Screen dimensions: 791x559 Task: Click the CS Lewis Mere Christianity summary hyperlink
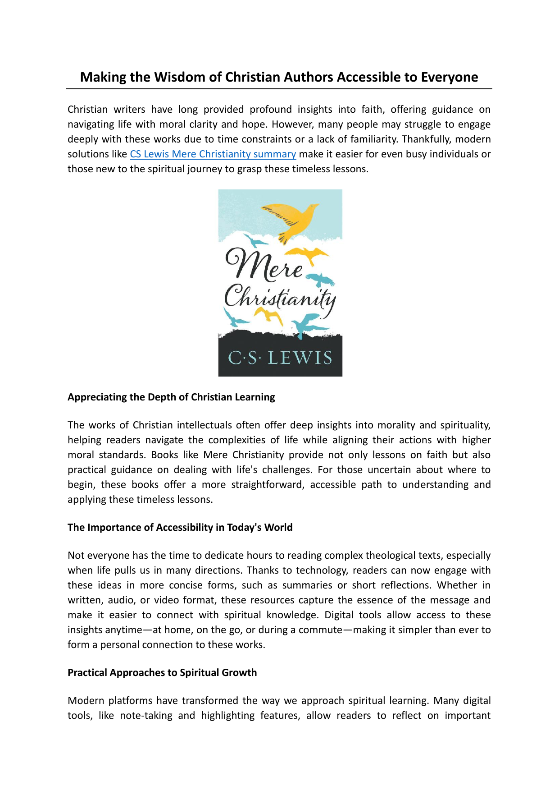(213, 154)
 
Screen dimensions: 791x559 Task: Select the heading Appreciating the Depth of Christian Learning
(171, 397)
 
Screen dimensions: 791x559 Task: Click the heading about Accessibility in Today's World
(180, 528)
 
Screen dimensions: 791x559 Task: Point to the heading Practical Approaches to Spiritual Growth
(162, 673)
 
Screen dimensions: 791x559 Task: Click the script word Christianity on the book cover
(279, 298)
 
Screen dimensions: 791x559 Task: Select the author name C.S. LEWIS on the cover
(280, 358)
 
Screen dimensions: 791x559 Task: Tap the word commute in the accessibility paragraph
(320, 630)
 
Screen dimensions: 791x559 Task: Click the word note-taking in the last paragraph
(146, 716)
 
